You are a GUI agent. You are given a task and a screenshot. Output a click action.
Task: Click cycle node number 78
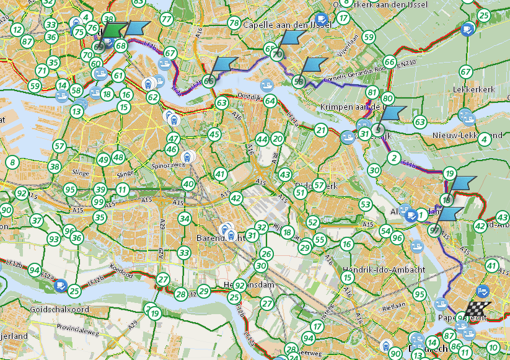tap(234, 24)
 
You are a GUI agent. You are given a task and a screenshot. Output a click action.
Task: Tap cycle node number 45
tap(214, 134)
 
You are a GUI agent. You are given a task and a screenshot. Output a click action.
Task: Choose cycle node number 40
tap(188, 184)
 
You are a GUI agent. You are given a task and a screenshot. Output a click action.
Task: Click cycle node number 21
tap(320, 130)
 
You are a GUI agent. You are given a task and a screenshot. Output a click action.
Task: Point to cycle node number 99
tap(98, 202)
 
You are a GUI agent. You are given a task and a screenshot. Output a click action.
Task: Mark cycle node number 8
tap(12, 163)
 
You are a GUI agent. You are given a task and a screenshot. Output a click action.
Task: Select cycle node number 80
tap(388, 98)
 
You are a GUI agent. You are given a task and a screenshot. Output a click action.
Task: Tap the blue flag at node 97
tap(449, 214)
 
